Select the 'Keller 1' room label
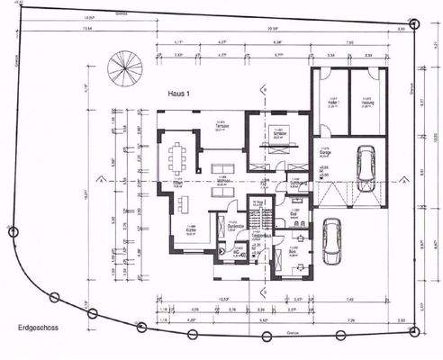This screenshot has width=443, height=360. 332,102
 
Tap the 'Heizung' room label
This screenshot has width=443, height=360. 368,102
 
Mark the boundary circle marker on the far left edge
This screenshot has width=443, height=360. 12,231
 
